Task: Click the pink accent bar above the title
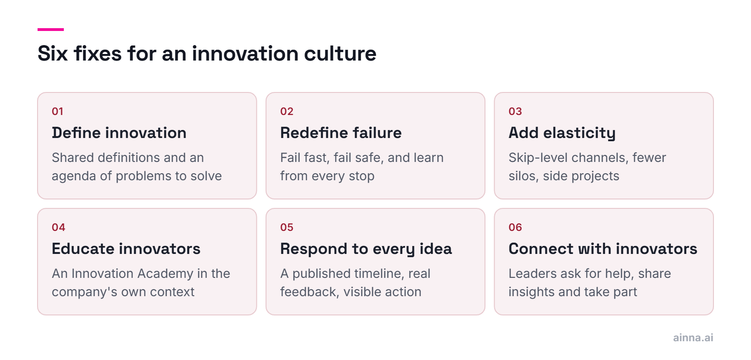pos(51,30)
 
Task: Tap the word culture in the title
pos(340,54)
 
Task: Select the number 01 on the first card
pos(57,111)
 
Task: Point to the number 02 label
pos(287,111)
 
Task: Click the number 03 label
pos(515,111)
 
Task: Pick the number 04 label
pos(58,227)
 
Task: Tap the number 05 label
pos(287,227)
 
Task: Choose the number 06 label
pos(515,227)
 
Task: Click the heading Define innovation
pos(119,133)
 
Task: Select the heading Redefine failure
pos(341,133)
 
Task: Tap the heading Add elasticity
pos(562,133)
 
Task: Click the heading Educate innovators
pos(126,249)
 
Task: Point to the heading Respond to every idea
pos(366,249)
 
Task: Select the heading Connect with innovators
pos(603,249)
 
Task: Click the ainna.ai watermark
pos(693,337)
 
